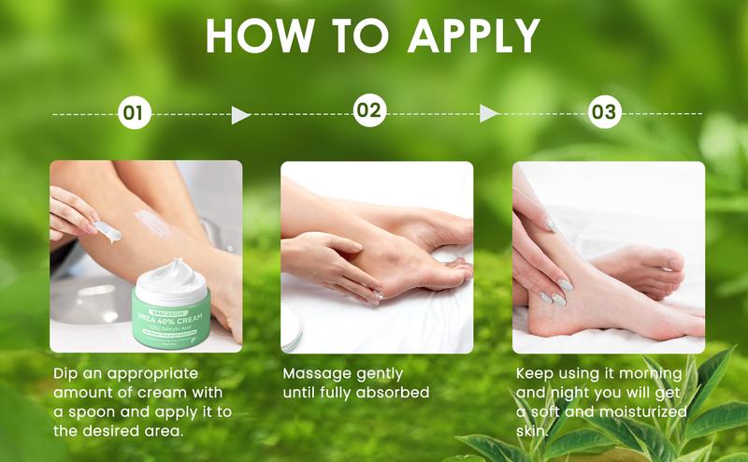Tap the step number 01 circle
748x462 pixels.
coord(135,114)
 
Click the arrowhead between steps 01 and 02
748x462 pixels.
coord(241,115)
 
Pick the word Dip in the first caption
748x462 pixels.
coord(66,372)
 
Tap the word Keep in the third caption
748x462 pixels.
coord(536,372)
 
